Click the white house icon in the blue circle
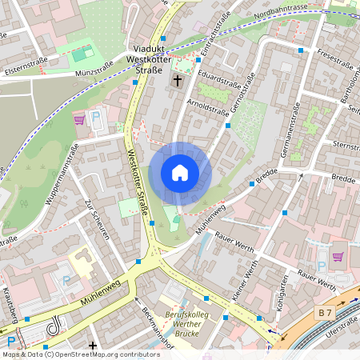180,172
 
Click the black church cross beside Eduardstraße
178,81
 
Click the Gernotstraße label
242,93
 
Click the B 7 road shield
324,312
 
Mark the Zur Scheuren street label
96,218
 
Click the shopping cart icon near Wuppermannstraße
79,120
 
